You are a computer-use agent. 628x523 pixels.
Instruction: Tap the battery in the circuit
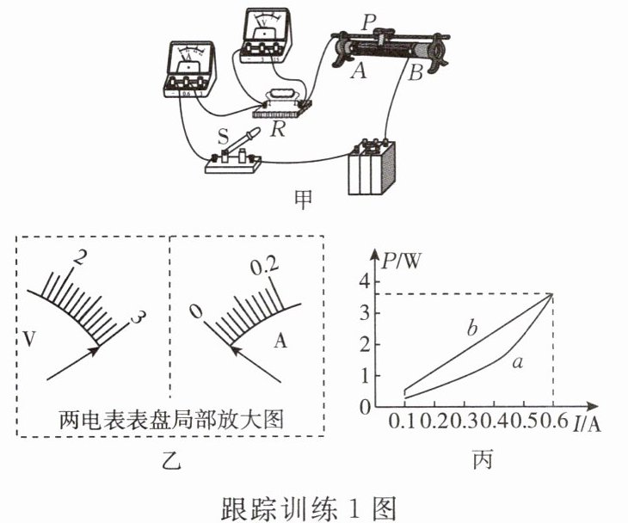click(x=371, y=167)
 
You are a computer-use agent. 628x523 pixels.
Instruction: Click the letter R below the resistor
click(x=278, y=129)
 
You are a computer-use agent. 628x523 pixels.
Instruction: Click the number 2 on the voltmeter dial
click(x=80, y=255)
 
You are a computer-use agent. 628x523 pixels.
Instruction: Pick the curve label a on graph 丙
click(x=517, y=363)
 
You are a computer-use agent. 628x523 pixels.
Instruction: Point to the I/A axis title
click(x=593, y=421)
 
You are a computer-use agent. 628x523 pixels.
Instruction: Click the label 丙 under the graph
click(x=483, y=461)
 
